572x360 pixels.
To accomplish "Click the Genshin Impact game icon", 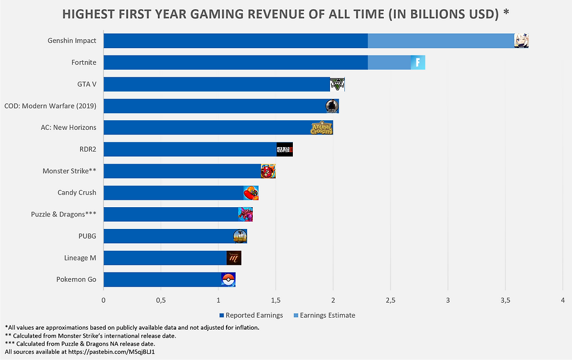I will pyautogui.click(x=521, y=41).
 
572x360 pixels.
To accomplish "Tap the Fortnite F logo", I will pyautogui.click(x=418, y=62).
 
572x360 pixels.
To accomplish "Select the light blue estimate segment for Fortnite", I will pyautogui.click(x=389, y=62).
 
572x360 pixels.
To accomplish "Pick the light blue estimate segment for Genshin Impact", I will pyautogui.click(x=440, y=41).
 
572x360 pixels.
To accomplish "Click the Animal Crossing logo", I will pyautogui.click(x=321, y=128).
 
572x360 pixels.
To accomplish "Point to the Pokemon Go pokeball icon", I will pyautogui.click(x=228, y=279).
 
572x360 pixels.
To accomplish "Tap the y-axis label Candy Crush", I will pyautogui.click(x=77, y=192).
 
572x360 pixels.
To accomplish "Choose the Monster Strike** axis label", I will pyautogui.click(x=69, y=171).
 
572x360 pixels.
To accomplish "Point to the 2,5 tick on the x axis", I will pyautogui.click(x=391, y=300).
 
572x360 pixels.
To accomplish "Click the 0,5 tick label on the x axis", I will pyautogui.click(x=161, y=300).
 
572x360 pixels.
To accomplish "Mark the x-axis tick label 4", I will pyautogui.click(x=563, y=300).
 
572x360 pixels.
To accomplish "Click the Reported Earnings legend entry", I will pyautogui.click(x=251, y=315).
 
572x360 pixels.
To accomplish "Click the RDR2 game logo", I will pyautogui.click(x=284, y=149).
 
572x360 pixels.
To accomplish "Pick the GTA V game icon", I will pyautogui.click(x=337, y=84).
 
